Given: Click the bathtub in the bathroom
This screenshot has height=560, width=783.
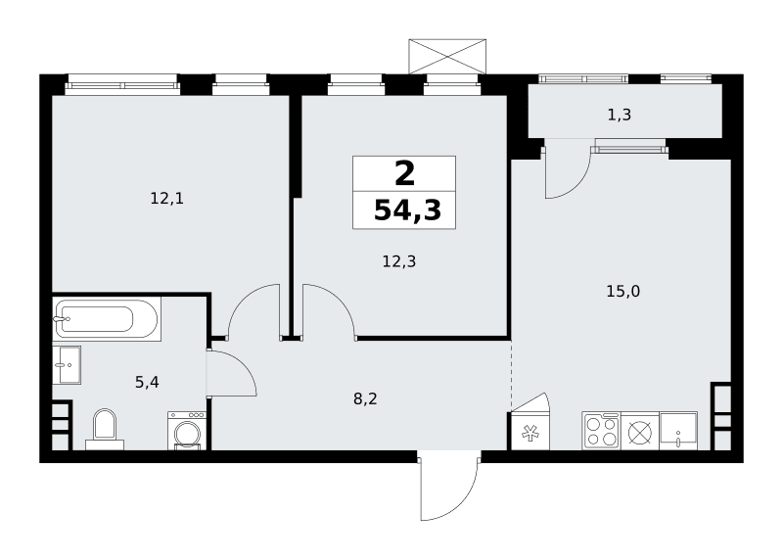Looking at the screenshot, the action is point(107,319).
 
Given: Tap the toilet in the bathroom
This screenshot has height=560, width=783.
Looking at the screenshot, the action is point(105,429).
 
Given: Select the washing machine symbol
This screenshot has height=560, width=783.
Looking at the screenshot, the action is point(187,431).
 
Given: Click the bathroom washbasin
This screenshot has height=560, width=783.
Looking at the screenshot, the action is point(67,364).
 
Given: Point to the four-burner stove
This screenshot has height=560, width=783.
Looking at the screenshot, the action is point(601,430).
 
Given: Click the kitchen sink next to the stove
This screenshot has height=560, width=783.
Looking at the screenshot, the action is point(678,430).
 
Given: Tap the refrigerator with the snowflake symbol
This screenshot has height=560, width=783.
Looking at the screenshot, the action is point(530,431).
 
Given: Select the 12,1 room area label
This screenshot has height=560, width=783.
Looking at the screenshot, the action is point(167,199).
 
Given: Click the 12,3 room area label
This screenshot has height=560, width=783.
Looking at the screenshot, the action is point(399,261).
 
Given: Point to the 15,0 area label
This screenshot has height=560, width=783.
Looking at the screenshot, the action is point(623,291).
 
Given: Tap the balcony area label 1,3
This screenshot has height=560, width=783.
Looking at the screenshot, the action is point(620,115).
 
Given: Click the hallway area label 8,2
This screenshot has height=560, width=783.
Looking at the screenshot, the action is point(365,398).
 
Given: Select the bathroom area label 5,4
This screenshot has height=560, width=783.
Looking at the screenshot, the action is point(147,382).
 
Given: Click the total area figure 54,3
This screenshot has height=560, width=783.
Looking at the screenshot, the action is point(407,210).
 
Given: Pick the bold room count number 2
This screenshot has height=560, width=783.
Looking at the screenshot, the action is point(404,174).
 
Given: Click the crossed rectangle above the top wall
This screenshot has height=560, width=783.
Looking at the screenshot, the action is point(447,57).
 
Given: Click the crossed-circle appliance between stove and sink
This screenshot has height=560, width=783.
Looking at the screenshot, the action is point(640,430).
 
